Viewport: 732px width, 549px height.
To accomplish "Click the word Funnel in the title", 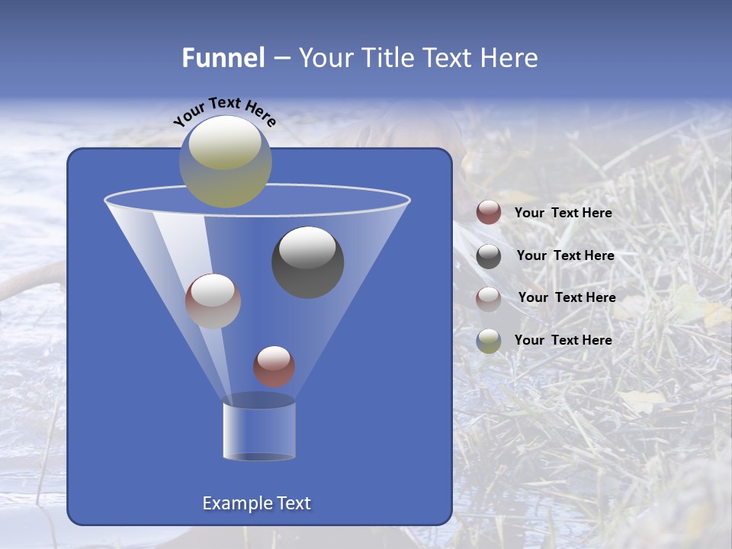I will coord(223,58).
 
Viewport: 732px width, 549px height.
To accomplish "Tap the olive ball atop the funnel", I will coord(225,161).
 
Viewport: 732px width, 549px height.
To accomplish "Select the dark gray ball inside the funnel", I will coord(307,262).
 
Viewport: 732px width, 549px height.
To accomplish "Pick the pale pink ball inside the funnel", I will coord(213,300).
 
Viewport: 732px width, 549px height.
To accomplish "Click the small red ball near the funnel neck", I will coord(274,366).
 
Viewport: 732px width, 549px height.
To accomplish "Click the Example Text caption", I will coord(256,503).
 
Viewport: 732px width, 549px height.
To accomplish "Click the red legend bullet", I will coord(489,213).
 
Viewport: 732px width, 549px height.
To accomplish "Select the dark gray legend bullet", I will coord(489,256).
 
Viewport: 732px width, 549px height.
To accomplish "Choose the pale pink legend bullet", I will coord(489,298).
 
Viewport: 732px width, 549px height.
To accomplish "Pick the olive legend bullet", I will coord(489,340).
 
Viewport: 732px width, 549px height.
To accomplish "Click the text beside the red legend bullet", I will coord(563,213).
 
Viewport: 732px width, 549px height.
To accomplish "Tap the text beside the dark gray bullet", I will coord(565,255).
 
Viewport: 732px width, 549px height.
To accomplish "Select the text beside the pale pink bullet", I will coord(567,297).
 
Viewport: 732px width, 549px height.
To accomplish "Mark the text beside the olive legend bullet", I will coord(563,340).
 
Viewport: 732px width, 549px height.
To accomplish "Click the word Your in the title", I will coord(323,58).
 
